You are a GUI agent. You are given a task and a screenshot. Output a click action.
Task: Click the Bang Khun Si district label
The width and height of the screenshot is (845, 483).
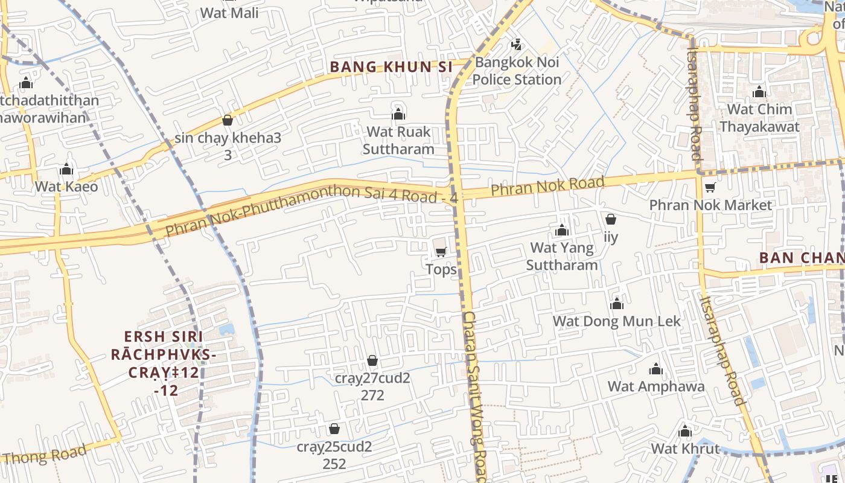391,67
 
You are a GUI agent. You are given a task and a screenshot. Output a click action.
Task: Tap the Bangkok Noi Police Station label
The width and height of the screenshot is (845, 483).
517,71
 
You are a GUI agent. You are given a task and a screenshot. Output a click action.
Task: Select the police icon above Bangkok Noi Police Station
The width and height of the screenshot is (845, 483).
516,44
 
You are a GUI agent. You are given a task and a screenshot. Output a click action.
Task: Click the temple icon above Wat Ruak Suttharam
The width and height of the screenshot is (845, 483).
398,114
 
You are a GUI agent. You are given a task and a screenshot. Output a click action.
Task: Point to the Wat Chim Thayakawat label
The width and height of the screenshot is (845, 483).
759,118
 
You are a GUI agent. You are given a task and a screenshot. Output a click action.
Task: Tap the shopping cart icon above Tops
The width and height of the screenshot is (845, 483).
441,252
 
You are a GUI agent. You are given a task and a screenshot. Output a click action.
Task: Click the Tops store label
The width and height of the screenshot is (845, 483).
441,269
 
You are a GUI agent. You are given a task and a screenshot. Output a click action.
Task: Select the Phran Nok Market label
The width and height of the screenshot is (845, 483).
710,205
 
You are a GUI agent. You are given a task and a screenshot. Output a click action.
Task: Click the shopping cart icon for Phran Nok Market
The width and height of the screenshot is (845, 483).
710,188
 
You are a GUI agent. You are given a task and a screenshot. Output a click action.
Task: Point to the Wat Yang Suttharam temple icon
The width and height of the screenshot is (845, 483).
562,230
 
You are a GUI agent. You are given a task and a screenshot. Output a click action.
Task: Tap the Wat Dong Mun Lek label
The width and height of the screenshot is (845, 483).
617,321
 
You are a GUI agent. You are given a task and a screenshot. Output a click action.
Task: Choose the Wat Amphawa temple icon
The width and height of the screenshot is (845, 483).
656,369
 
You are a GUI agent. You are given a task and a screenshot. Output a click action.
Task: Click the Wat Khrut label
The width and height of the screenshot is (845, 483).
685,449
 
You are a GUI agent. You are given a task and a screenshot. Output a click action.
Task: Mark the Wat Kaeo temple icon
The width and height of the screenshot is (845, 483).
66,169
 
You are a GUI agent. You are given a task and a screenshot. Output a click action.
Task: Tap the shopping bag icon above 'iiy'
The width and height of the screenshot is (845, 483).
611,219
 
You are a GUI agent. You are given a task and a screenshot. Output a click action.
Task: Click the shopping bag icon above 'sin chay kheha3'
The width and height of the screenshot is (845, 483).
228,120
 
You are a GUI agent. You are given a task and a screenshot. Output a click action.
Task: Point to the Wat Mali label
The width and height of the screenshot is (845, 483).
229,13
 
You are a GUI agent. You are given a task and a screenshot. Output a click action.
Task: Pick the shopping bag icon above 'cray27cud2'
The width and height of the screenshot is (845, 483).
372,360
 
